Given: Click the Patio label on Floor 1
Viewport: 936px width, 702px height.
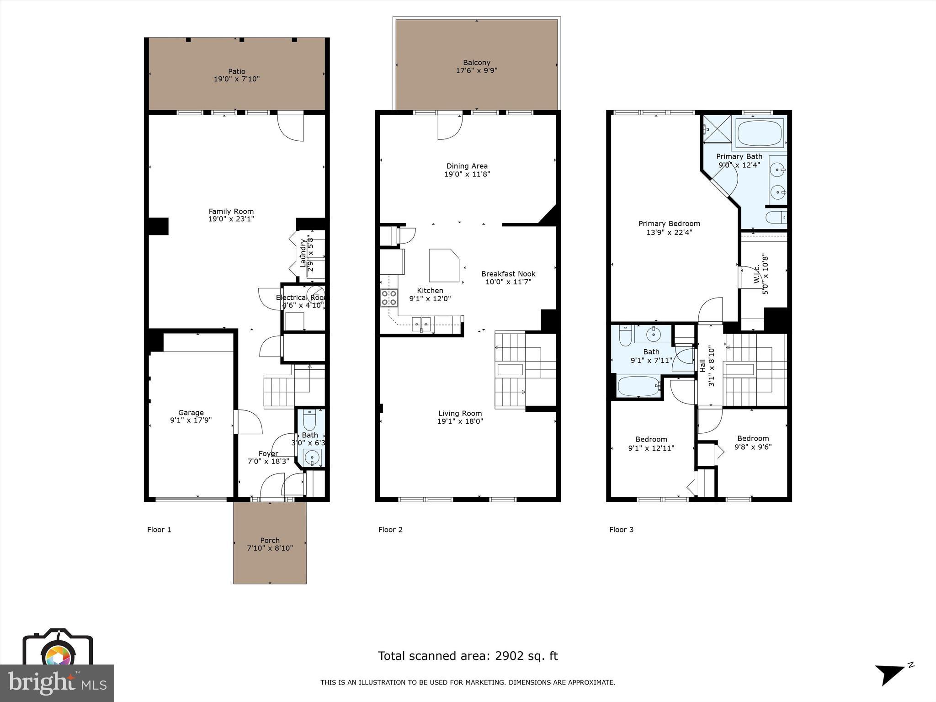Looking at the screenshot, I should point(237,71).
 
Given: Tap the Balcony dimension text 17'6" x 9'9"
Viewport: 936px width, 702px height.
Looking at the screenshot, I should point(476,70).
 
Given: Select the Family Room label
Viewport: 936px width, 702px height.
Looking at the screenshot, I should point(231,211).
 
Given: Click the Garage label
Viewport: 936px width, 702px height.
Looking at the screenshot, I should point(191,412).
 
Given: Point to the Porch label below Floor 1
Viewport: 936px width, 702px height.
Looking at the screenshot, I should point(270,540).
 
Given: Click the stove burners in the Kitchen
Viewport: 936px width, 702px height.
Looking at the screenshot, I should point(389,298).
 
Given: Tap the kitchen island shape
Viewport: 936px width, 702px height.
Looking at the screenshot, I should point(443,265).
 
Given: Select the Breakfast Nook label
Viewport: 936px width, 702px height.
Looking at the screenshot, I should point(508,274).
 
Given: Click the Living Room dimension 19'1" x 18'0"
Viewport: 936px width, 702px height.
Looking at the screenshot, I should point(460,421).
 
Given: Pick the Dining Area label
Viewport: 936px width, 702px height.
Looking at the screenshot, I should point(467,166).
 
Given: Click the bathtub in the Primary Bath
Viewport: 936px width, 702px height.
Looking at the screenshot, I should point(760,133).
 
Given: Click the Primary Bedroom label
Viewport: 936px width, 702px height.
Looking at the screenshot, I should point(669,223).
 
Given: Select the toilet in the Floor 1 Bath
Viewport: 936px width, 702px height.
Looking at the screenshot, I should point(310,419).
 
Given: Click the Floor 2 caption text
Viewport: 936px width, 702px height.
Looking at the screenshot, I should point(390,530).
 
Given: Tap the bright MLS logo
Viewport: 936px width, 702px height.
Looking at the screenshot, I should point(57,683).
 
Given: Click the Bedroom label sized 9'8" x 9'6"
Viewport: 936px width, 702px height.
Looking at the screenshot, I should point(753,438).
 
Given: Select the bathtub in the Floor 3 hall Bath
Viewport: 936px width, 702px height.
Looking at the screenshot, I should point(638,386).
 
